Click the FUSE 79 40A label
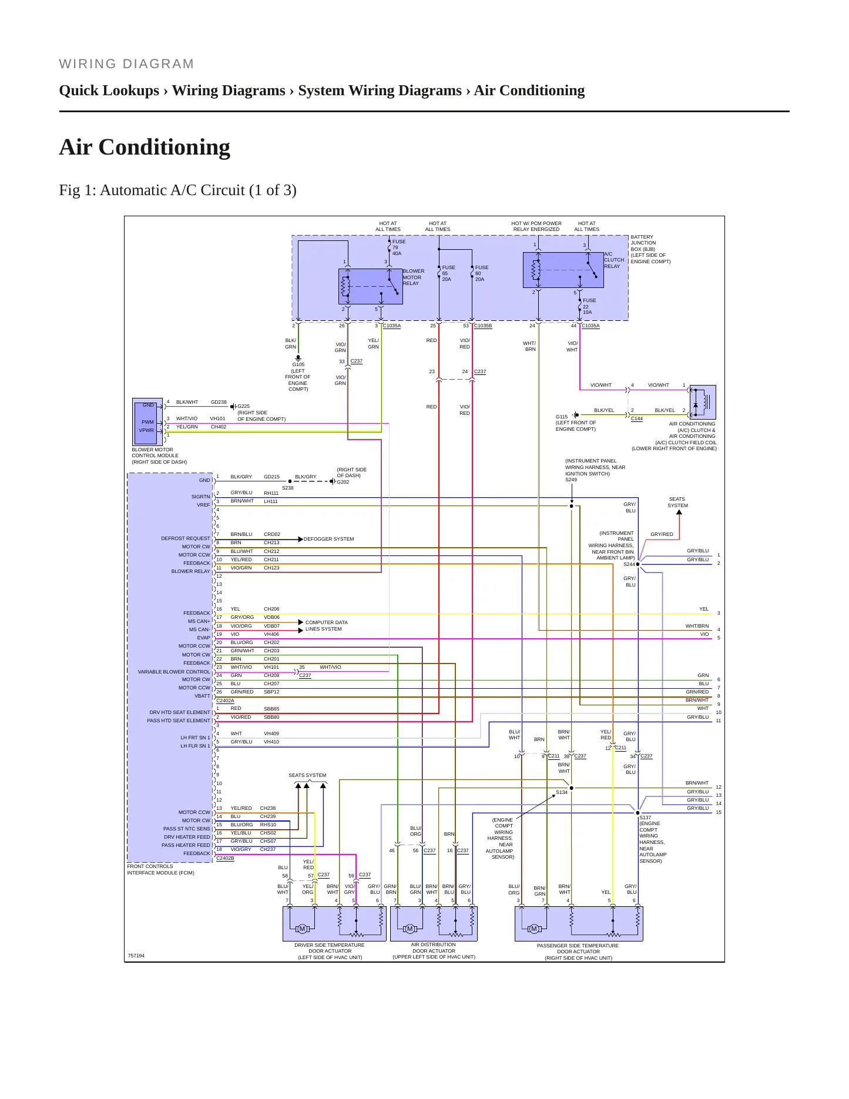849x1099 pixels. coord(399,247)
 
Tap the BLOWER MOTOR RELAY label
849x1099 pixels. coord(414,277)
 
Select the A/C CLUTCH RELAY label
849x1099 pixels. coord(614,260)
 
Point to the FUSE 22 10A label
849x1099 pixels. coord(589,306)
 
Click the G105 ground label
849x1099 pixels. coord(298,364)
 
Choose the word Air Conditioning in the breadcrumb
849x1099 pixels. coord(529,91)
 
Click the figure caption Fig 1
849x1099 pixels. coord(178,190)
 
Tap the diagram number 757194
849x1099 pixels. coord(136,956)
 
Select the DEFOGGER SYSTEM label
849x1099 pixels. coord(329,539)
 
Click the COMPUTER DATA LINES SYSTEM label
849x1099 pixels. coord(327,625)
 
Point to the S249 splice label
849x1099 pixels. coord(571,480)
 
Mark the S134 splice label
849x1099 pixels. coord(562,792)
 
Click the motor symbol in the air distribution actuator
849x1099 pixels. coord(410,929)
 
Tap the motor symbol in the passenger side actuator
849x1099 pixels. coord(534,929)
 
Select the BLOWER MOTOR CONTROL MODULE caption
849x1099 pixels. coord(159,455)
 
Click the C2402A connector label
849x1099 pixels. coord(225,701)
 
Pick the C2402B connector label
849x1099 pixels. coord(225,858)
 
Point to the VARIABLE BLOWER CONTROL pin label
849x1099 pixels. coord(174,672)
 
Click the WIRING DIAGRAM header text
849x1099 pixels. coord(127,64)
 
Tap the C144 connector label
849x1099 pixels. coord(637,418)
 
